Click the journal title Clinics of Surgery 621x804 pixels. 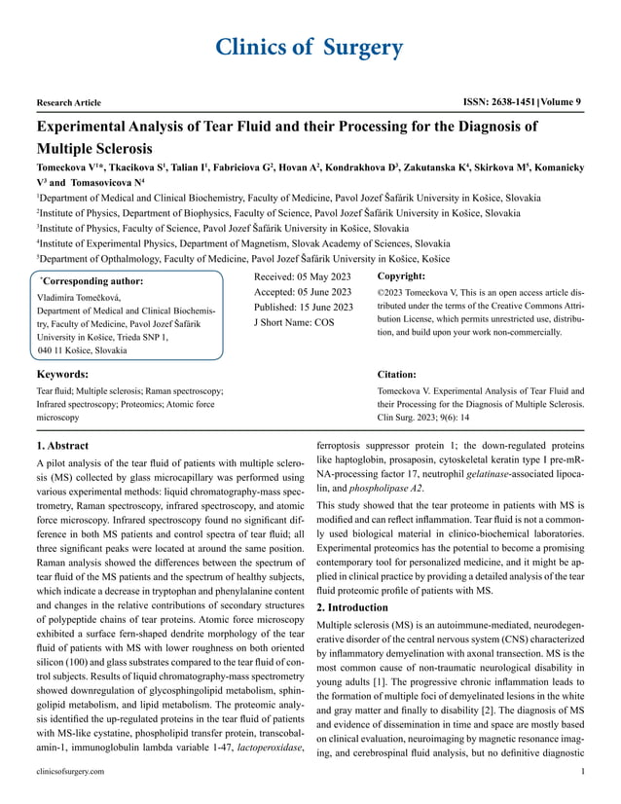(310, 47)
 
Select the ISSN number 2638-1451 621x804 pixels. (499, 101)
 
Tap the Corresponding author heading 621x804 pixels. (89, 280)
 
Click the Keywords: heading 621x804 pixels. (62, 374)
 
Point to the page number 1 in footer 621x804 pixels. (581, 771)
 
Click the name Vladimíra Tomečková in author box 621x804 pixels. (78, 297)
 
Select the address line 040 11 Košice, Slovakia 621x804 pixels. (82, 350)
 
